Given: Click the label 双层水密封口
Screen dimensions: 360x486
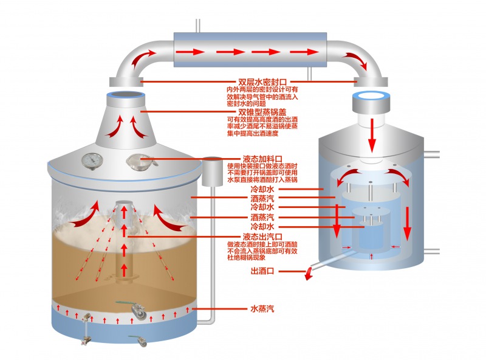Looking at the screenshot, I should click(262, 81).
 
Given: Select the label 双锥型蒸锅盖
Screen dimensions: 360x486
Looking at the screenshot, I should click(262, 111).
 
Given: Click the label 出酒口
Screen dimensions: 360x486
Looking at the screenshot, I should click(263, 271).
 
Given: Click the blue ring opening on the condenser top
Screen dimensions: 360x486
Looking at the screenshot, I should click(370, 96).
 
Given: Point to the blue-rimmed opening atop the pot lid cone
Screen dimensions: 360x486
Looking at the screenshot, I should click(126, 96).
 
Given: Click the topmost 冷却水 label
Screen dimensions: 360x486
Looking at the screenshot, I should click(262, 189).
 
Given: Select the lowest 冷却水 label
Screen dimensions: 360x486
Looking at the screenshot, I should click(262, 226).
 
